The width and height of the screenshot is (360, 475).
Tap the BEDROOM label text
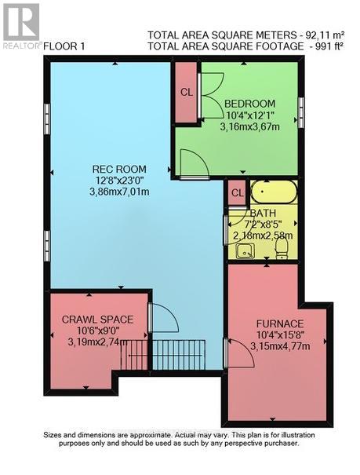249,104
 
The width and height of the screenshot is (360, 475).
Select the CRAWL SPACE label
98,319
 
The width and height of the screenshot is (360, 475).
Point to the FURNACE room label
279,323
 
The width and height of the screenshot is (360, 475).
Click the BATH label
261,213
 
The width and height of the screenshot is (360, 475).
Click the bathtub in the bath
274,192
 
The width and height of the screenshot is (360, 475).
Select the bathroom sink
245,250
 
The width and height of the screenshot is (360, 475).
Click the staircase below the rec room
176,355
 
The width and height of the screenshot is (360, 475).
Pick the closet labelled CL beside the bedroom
186,92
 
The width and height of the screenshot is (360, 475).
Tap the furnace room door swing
238,353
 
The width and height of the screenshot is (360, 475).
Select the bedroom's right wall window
302,107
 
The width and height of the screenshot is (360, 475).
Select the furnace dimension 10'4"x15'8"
279,335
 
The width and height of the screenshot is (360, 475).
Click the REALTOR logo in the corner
21,26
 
